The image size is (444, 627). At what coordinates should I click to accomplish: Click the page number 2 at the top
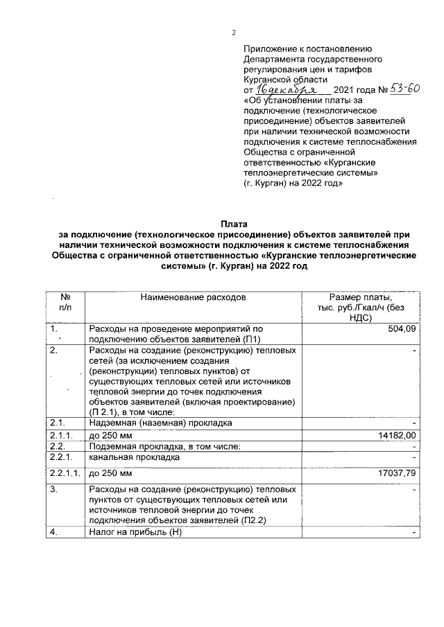tap(234, 32)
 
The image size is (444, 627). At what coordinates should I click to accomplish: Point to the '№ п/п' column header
tap(65, 302)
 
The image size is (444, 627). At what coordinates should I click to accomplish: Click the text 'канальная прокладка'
tap(135, 457)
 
